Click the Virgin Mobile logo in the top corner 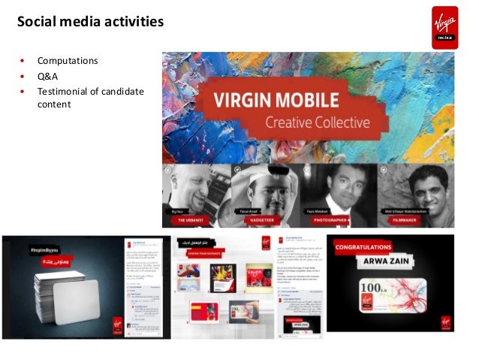[444, 27]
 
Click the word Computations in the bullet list [68, 60]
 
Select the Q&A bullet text [47, 76]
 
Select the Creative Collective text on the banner [312, 122]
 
